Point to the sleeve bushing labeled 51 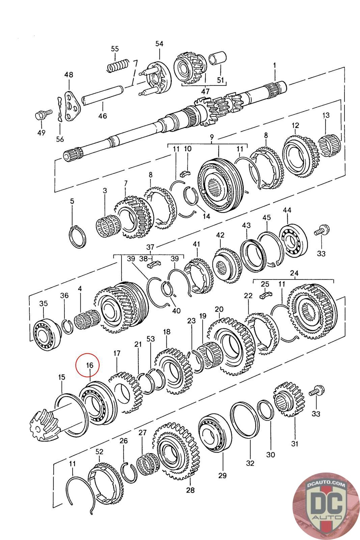218,58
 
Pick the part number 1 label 274,64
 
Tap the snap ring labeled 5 78,237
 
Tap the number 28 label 190,490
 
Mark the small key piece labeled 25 266,295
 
